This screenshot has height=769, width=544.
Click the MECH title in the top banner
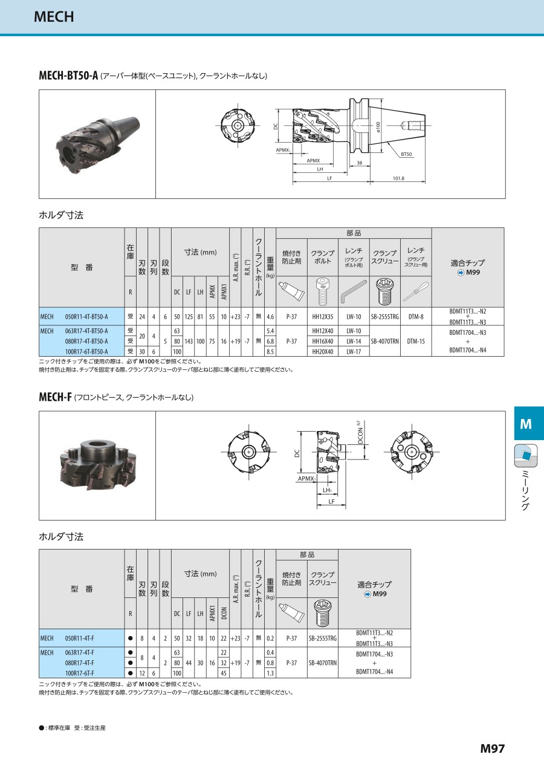tap(54, 16)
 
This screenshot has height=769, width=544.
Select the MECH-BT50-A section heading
tap(68, 75)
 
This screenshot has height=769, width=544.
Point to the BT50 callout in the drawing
tap(406, 154)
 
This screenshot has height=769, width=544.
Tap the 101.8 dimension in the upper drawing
tap(398, 178)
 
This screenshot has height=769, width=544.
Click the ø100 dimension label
tap(378, 127)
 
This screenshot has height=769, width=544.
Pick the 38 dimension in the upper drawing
tap(360, 163)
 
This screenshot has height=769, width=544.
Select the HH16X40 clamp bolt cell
tap(323, 341)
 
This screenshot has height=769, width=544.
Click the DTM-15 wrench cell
tap(416, 341)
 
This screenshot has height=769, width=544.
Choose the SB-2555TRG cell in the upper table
tap(385, 317)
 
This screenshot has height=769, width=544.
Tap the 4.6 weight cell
tap(270, 317)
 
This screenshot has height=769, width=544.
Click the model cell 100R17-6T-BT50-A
tap(86, 351)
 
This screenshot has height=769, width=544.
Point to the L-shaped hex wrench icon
tap(354, 292)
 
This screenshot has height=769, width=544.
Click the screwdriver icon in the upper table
tap(416, 292)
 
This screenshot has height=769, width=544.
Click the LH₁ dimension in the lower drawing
tap(327, 490)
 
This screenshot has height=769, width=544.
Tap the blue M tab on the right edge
tap(529, 424)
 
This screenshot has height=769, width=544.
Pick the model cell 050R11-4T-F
tap(80, 638)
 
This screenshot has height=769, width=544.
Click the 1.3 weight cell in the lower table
tap(270, 673)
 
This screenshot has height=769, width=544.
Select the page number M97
tap(493, 748)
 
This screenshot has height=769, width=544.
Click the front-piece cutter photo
tap(98, 465)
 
